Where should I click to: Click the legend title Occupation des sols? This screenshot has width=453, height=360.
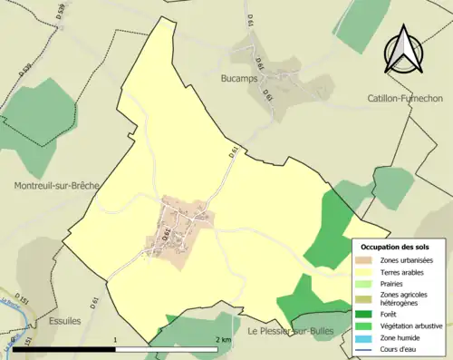click(395, 247)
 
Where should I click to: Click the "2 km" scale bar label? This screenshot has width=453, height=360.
click(222, 340)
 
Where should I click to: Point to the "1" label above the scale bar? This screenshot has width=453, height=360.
click(115, 340)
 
